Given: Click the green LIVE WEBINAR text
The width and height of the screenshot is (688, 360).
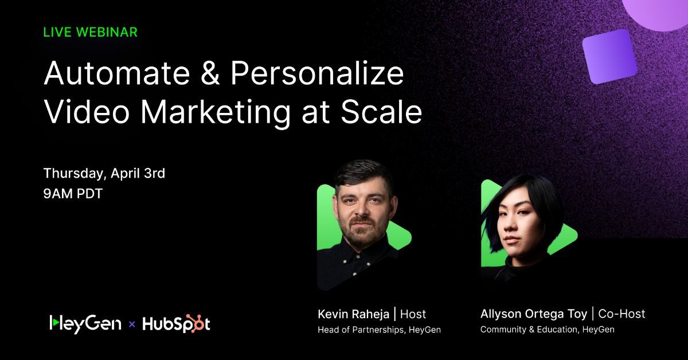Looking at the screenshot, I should [91, 32].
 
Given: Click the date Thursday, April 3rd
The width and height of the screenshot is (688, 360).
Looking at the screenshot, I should [104, 173].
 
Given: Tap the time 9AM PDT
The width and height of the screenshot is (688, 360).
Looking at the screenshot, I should [73, 194].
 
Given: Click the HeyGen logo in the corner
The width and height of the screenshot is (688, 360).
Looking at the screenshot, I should [85, 323].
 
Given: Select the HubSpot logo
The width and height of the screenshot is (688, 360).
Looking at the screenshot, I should [176, 324].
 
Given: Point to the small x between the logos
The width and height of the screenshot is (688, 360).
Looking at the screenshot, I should [132, 324].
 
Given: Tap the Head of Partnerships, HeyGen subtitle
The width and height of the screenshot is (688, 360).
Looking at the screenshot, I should [379, 330].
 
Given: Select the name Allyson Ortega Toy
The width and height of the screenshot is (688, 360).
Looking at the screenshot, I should [534, 314].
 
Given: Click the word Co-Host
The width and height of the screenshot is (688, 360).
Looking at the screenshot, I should [621, 314].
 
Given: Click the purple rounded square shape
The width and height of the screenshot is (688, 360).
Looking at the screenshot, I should [609, 57].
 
